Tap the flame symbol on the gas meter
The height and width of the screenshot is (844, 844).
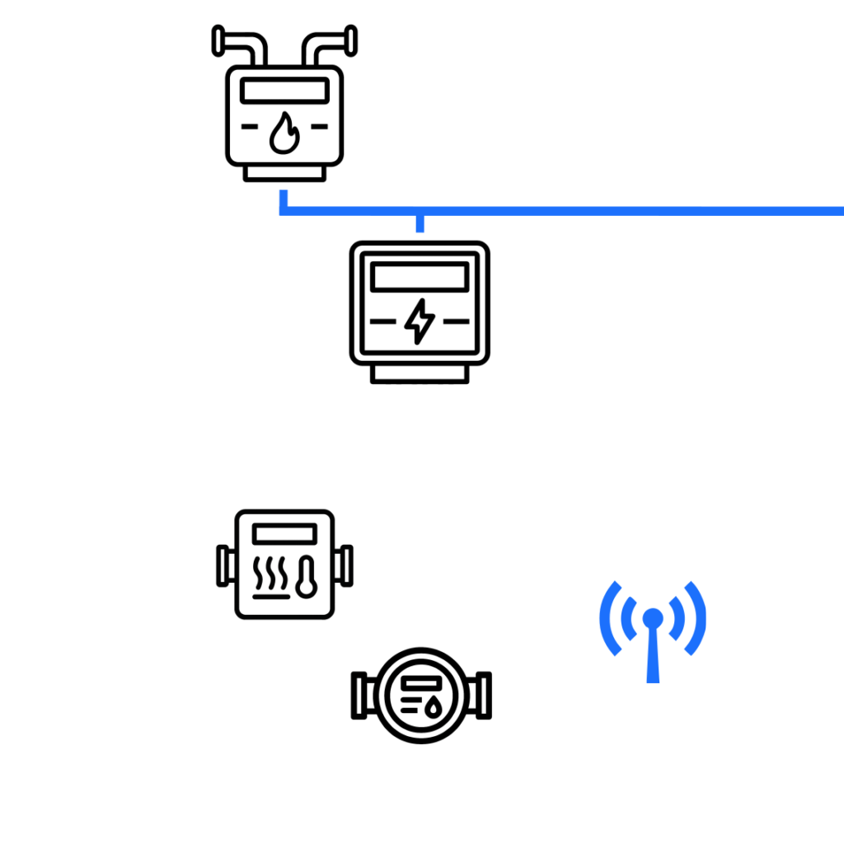284,134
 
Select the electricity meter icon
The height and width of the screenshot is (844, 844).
420,312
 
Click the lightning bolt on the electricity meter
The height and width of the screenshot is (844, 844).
420,321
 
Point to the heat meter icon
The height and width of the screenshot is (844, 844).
284,565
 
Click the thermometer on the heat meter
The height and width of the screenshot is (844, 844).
306,576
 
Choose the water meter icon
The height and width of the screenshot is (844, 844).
421,696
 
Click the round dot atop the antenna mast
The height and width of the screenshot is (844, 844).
652,617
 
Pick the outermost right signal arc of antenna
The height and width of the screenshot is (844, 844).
696,618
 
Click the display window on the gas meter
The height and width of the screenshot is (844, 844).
284,92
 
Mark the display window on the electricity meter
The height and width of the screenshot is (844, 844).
420,276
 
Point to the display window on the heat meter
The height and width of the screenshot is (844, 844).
284,534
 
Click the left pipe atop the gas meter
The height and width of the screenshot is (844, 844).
241,46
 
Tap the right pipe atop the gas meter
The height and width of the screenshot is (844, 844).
328,46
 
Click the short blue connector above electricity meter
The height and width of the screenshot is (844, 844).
420,224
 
